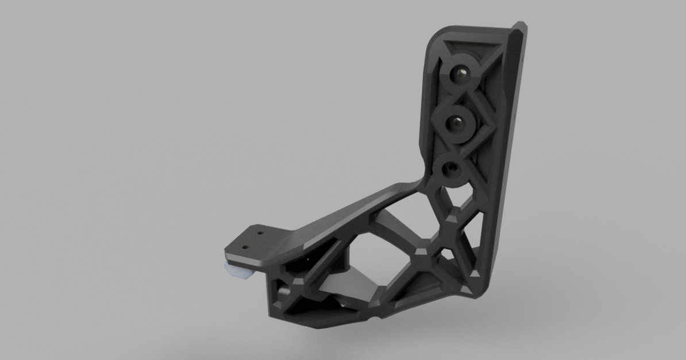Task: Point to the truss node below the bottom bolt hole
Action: [x=453, y=215]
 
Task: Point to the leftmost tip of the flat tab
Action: [x=225, y=252]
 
